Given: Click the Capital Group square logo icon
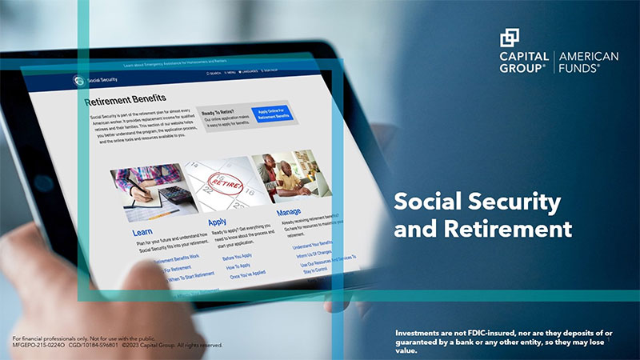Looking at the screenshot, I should [510, 38].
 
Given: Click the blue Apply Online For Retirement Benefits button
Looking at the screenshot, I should [272, 114].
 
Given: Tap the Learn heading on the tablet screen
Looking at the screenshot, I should [142, 232].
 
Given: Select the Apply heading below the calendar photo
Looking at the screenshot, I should [217, 222].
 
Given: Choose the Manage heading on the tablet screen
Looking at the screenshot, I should [288, 213].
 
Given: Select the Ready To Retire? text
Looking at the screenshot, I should [218, 113].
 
